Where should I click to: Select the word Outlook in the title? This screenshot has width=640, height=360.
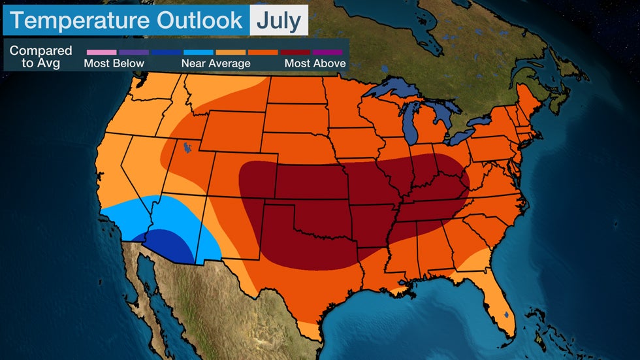[x=199, y=20]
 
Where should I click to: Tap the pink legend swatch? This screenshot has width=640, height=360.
[x=101, y=52]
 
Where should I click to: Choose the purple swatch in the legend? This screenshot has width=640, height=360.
[x=134, y=52]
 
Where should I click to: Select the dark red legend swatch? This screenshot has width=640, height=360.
[x=296, y=52]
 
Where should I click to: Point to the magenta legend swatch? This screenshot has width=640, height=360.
[x=328, y=52]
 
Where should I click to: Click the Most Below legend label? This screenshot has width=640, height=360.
[x=114, y=63]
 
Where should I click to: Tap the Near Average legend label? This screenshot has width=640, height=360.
[x=216, y=63]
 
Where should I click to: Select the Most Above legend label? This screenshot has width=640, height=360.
[x=315, y=63]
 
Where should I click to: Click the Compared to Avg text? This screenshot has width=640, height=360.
[x=40, y=57]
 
